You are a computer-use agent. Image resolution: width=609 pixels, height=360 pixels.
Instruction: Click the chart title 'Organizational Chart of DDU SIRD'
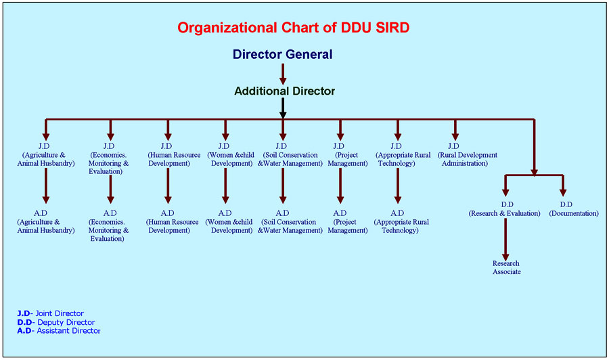click(x=293, y=28)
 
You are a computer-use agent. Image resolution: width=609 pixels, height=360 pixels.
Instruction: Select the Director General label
click(x=283, y=54)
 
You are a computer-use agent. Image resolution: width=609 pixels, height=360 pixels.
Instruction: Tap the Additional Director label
click(x=284, y=91)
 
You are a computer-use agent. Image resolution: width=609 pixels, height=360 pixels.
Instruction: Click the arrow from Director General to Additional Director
click(x=283, y=72)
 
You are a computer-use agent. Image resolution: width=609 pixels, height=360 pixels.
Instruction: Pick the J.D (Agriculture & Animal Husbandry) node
click(x=45, y=155)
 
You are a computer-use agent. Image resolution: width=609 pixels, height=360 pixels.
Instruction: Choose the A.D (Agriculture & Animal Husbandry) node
click(x=45, y=222)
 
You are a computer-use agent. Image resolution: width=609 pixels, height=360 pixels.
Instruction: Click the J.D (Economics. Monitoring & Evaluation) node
click(x=109, y=159)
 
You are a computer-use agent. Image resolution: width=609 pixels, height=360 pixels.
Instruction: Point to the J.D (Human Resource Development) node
click(x=167, y=155)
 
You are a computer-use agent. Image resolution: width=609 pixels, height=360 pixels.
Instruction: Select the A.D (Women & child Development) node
click(x=225, y=222)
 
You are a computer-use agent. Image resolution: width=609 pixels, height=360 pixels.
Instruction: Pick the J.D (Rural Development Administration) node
click(x=453, y=155)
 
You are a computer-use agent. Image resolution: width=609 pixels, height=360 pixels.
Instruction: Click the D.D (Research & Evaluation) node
click(x=504, y=209)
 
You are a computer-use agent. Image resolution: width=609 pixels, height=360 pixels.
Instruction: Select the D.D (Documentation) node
click(x=566, y=209)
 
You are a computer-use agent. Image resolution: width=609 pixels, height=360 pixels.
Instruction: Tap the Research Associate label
click(x=506, y=267)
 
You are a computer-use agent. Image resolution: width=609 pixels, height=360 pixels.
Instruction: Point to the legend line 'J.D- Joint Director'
click(x=51, y=313)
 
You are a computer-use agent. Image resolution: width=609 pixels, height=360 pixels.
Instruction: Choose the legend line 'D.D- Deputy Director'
click(x=56, y=322)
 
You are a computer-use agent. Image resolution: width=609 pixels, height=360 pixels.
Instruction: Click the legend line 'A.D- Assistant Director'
click(x=59, y=331)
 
